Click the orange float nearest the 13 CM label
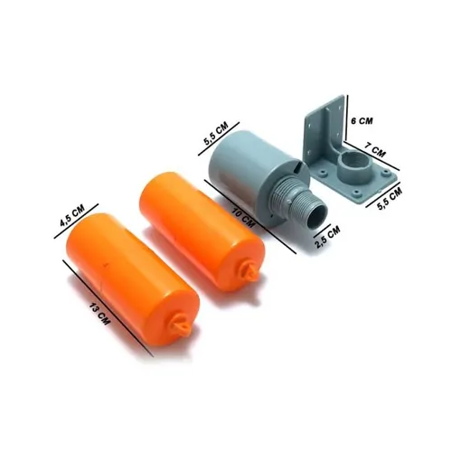click(131, 276)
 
